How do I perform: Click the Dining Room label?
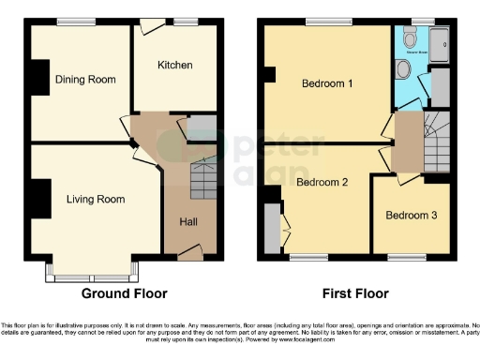(x=84, y=80)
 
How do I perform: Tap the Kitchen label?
(x=174, y=66)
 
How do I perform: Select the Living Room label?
(x=95, y=199)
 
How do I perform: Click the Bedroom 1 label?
(x=327, y=83)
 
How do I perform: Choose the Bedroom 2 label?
(x=322, y=183)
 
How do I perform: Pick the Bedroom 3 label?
(x=412, y=215)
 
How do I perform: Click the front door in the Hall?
(x=191, y=251)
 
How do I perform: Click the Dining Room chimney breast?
(x=41, y=78)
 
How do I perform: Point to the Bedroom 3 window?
(x=408, y=256)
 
